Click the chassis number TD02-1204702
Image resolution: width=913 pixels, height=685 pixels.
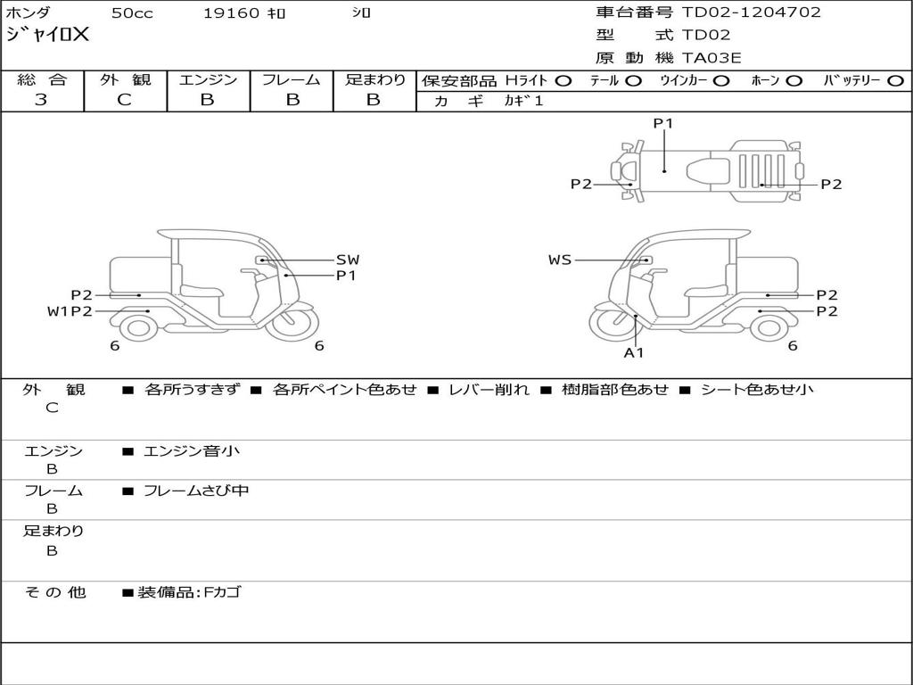751,12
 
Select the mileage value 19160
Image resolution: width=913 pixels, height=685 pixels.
231,13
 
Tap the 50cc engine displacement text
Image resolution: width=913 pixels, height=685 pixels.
130,13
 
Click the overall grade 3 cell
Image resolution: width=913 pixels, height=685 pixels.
41,100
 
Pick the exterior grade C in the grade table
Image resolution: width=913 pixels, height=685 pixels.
125,100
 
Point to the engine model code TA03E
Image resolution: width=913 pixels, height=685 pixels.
711,59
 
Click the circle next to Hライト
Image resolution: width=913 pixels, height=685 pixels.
563,81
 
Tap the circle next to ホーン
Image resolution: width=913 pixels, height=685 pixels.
794,81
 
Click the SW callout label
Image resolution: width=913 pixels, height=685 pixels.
347,260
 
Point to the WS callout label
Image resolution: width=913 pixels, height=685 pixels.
560,260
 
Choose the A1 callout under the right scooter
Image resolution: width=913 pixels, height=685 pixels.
633,353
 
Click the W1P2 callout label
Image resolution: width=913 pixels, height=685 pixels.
70,311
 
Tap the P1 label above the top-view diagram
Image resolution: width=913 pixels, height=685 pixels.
662,124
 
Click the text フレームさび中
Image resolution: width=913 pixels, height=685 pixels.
196,491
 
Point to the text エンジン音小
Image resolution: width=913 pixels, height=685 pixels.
192,451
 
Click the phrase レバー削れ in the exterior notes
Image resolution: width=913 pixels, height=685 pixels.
489,390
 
